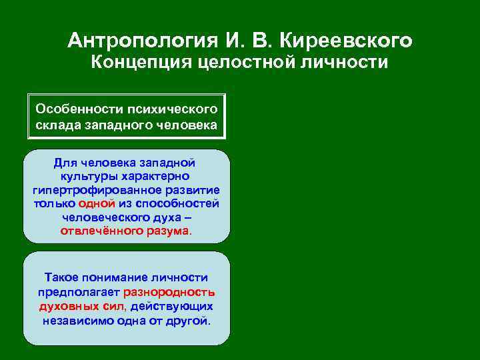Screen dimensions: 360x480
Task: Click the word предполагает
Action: tap(79, 291)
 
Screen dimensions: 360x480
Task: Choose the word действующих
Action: tap(172, 306)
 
